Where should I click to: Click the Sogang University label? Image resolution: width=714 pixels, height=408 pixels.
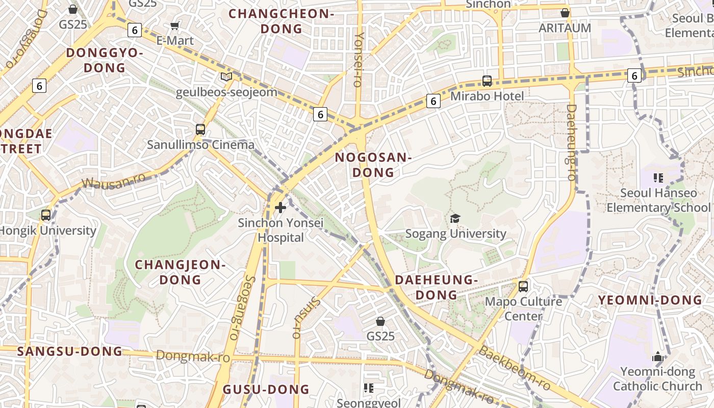[455, 234]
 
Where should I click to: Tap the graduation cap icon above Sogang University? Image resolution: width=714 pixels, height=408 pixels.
[455, 219]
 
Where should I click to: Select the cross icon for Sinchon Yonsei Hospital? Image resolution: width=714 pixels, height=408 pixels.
[280, 208]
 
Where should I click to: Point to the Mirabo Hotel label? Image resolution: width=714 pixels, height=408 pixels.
[487, 96]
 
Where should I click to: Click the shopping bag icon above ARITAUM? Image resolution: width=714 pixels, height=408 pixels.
[565, 13]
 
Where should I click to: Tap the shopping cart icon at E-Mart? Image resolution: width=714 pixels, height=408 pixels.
[175, 25]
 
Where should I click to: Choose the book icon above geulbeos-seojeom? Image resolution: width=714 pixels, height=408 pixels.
[226, 77]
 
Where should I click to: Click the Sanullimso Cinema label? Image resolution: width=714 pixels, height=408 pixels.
[200, 144]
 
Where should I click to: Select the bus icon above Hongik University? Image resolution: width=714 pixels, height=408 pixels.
[46, 215]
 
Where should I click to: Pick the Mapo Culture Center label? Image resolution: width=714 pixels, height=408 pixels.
[523, 309]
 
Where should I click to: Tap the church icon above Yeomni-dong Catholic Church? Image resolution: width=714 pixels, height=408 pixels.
[658, 356]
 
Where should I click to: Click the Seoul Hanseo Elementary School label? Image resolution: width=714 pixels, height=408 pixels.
[658, 200]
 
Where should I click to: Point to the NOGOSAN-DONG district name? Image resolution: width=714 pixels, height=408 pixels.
[373, 165]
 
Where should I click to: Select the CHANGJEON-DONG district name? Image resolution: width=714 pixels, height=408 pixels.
[180, 272]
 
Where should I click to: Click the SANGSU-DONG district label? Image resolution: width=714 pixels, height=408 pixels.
[70, 351]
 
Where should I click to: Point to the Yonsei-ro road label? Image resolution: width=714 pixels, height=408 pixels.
[359, 59]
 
